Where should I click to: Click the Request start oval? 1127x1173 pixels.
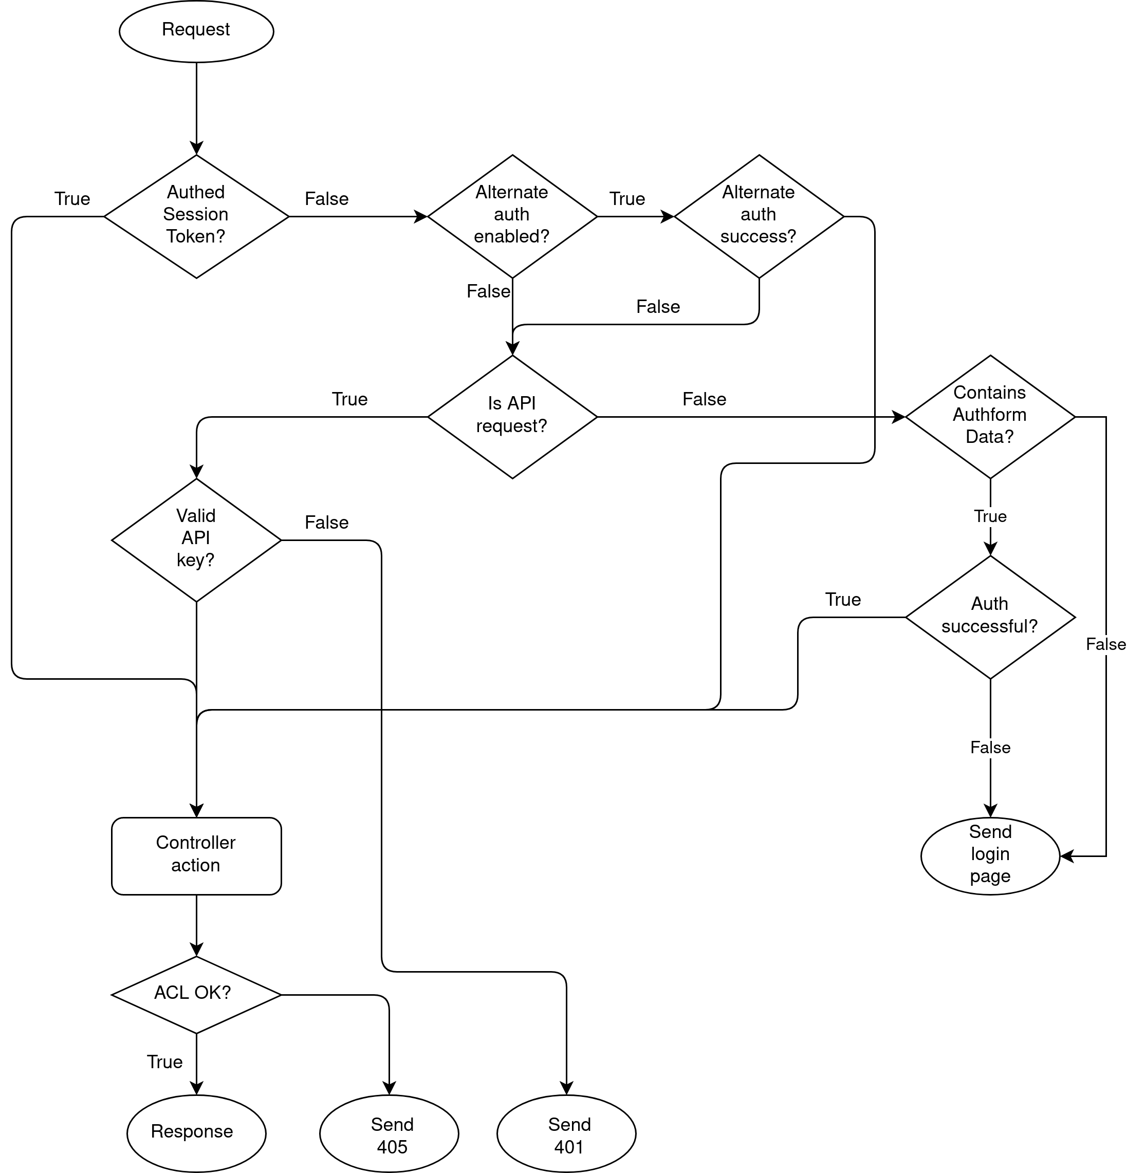click(x=196, y=31)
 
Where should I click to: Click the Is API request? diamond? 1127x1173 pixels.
click(x=512, y=417)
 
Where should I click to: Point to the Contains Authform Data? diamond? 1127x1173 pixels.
click(x=990, y=417)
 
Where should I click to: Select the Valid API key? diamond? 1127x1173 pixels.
click(x=196, y=540)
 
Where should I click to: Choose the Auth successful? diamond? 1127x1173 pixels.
click(x=990, y=617)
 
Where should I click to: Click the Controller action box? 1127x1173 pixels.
click(x=196, y=856)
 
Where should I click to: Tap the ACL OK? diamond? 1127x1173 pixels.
click(x=196, y=995)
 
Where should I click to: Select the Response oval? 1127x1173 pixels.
click(x=196, y=1133)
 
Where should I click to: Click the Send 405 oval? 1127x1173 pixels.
click(x=389, y=1133)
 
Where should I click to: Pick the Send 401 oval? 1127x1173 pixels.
click(x=566, y=1133)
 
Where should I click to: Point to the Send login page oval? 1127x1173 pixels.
click(x=990, y=856)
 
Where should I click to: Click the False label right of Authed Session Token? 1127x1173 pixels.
click(x=327, y=199)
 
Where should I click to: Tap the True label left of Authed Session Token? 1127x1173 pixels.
click(x=72, y=199)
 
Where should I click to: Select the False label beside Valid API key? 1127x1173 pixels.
click(x=327, y=523)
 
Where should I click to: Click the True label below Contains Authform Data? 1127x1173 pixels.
click(x=990, y=516)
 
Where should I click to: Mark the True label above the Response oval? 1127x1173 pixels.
click(x=164, y=1062)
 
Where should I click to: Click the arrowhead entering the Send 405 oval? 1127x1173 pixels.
click(x=389, y=1089)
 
